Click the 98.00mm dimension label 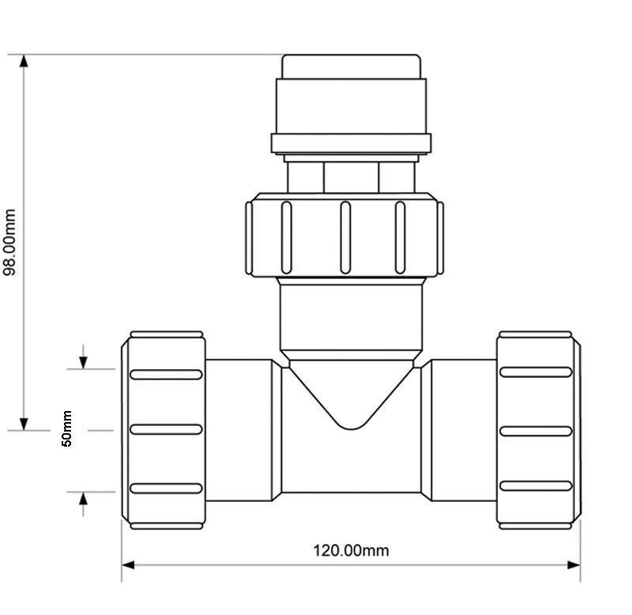click(9, 243)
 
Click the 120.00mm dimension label click(351, 550)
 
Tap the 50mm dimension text click(66, 428)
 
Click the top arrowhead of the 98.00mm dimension click(24, 61)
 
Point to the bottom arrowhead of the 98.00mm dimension click(24, 424)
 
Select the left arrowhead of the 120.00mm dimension click(128, 565)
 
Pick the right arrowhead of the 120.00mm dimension click(574, 565)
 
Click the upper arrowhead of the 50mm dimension click(83, 363)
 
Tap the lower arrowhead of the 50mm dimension click(83, 499)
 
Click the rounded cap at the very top click(351, 66)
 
